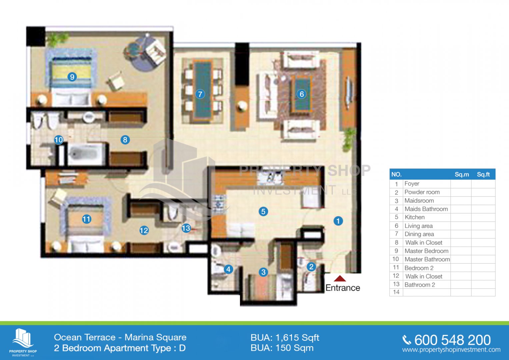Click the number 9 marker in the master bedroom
pos(72,77)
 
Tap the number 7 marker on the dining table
pos(200,94)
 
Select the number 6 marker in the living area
pos(302,94)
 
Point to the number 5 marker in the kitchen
pos(263,212)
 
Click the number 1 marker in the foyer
pos(338,221)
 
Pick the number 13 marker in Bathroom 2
pos(186,228)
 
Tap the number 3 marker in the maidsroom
pos(263,272)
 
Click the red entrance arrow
pos(340,278)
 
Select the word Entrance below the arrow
pos(343,288)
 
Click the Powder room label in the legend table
pos(422,192)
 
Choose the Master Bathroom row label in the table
pos(427,259)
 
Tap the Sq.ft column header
pos(483,174)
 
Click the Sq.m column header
pos(462,174)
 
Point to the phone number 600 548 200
pos(452,340)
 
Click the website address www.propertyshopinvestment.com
pos(451,350)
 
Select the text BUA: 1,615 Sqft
pos(285,338)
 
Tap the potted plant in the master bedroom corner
pos(57,39)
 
